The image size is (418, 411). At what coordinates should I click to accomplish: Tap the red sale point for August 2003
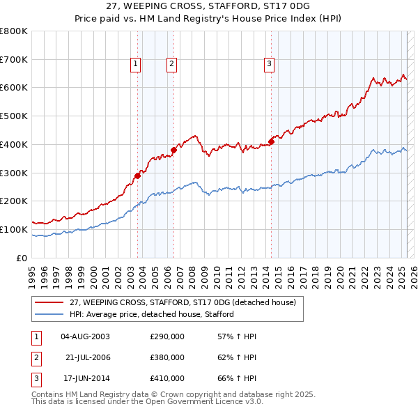(137, 176)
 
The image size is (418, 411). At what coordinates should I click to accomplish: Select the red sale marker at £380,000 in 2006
(173, 150)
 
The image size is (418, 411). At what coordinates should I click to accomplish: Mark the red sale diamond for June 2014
(270, 141)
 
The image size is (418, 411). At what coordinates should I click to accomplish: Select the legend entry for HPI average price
(151, 314)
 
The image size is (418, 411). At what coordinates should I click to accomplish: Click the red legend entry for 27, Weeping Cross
(183, 302)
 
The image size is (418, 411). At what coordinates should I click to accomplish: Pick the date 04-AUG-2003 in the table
(86, 336)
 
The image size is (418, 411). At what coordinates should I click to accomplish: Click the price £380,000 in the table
(167, 357)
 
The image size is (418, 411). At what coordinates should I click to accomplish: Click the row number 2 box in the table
(34, 357)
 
